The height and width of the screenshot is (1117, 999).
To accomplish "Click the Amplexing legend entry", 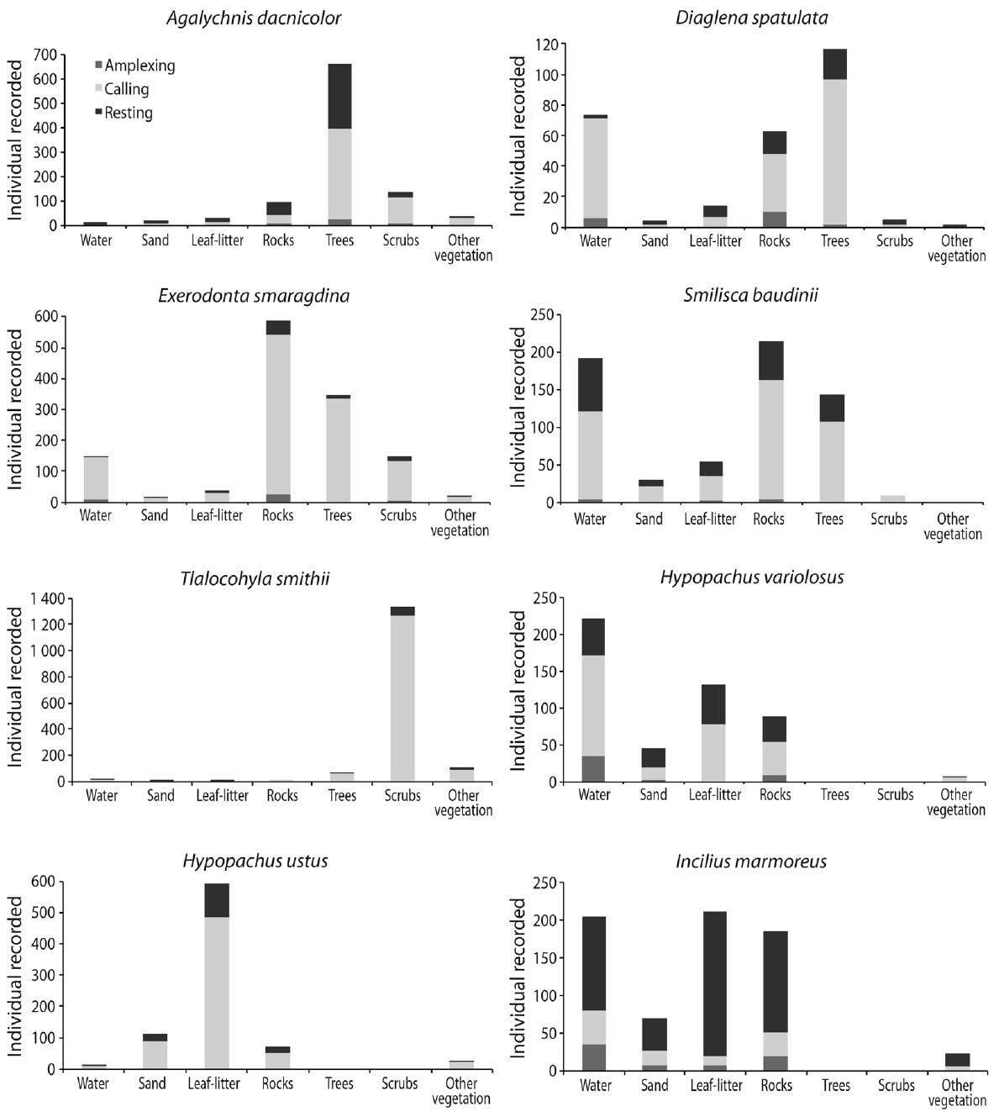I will click(x=134, y=66).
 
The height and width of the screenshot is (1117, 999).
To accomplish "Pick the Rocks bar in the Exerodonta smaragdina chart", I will click(x=278, y=411).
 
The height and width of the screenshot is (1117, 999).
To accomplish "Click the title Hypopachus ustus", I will click(x=255, y=861).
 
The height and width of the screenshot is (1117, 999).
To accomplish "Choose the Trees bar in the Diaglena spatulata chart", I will click(x=835, y=138).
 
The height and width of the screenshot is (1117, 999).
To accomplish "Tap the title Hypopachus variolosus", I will click(x=752, y=577).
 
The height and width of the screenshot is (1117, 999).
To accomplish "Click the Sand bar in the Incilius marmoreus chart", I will click(x=655, y=1045).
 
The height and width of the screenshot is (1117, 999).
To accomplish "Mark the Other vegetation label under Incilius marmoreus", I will click(x=957, y=1093).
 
